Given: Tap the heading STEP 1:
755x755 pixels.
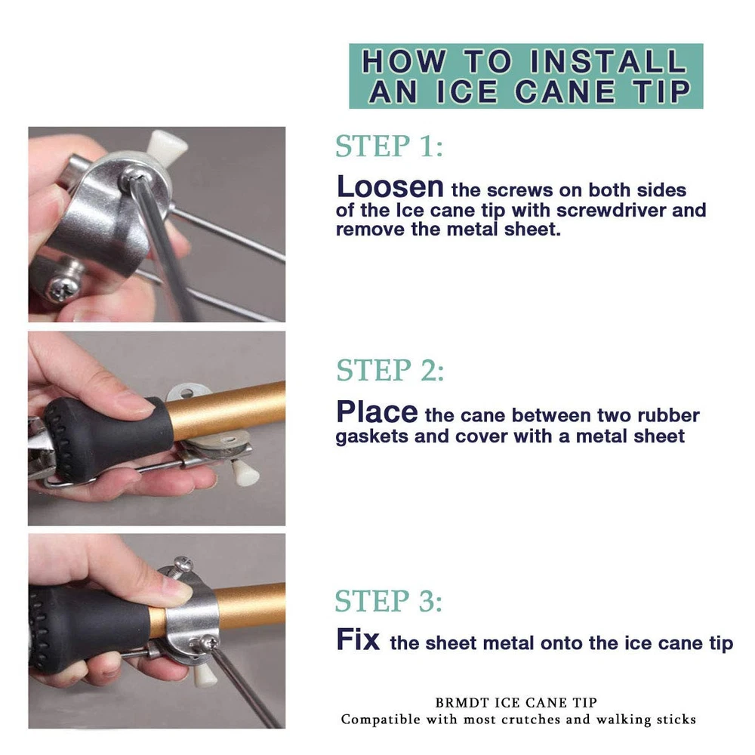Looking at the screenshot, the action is (389, 146).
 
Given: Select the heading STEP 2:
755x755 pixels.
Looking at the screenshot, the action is (390, 370).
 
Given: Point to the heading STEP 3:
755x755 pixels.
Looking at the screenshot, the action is (389, 601).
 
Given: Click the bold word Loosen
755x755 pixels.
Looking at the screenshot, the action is (390, 186).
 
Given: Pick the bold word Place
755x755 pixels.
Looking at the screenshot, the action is (377, 412).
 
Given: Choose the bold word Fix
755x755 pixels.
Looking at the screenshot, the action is (358, 640).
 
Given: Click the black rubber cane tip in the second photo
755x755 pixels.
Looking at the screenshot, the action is (108, 438).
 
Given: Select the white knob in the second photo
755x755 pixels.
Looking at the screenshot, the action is (245, 473).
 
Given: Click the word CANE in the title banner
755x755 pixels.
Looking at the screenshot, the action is (565, 91).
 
